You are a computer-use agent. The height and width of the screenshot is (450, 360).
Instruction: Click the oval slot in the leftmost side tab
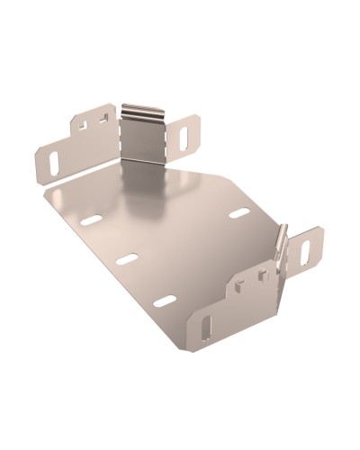coord(54,160)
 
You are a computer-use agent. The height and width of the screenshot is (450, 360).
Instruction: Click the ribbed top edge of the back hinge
coord(143,112)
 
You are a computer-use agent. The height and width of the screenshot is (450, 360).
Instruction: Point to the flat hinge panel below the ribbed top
coord(142,139)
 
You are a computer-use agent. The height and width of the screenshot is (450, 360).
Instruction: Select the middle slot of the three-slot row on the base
coord(127,259)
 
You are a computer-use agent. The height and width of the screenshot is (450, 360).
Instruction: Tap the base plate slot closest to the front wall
coord(164,300)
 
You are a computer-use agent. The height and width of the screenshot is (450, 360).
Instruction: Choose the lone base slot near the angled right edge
coord(238,213)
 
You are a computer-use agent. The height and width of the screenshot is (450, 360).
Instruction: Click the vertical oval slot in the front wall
coord(208,323)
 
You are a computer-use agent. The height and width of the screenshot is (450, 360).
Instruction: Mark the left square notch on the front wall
coord(236,288)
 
